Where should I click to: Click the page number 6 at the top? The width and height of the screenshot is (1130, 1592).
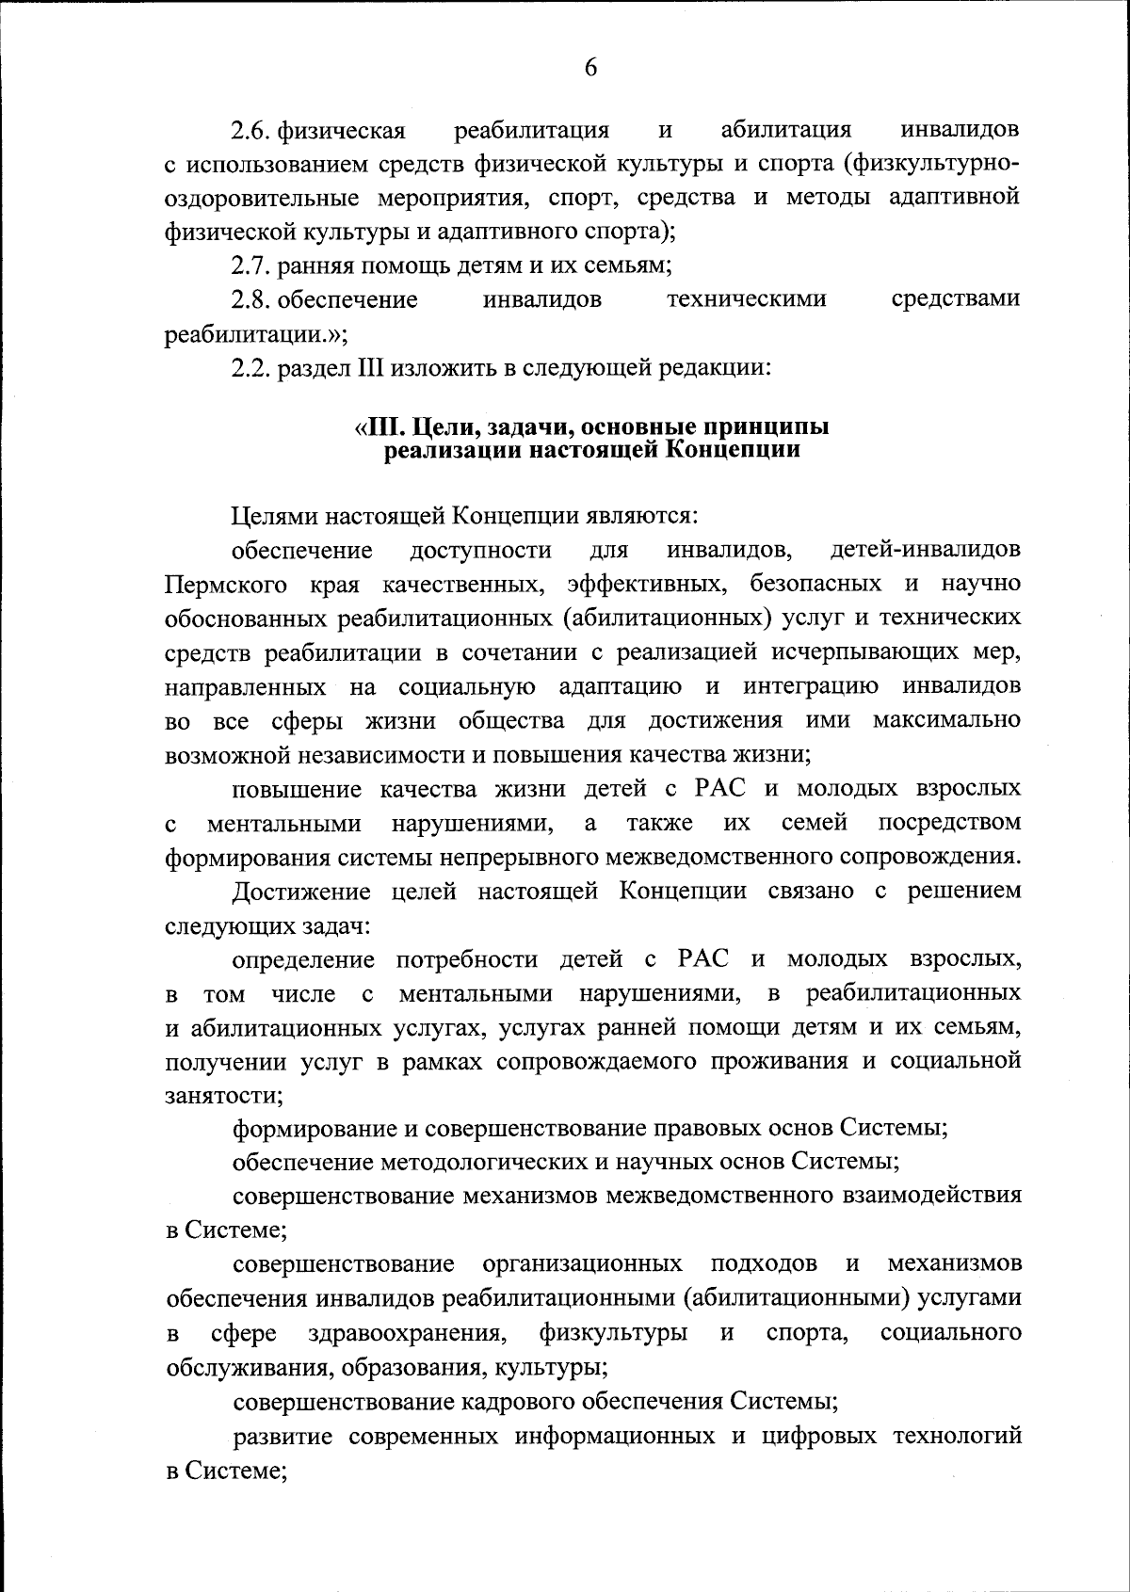pyautogui.click(x=590, y=68)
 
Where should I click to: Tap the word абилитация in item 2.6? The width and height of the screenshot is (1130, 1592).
pyautogui.click(x=786, y=128)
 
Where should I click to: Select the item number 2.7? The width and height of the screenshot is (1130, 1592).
pyautogui.click(x=251, y=265)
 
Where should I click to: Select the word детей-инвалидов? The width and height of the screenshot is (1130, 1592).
pyautogui.click(x=927, y=549)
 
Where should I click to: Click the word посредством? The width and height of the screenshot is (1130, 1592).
pyautogui.click(x=949, y=823)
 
